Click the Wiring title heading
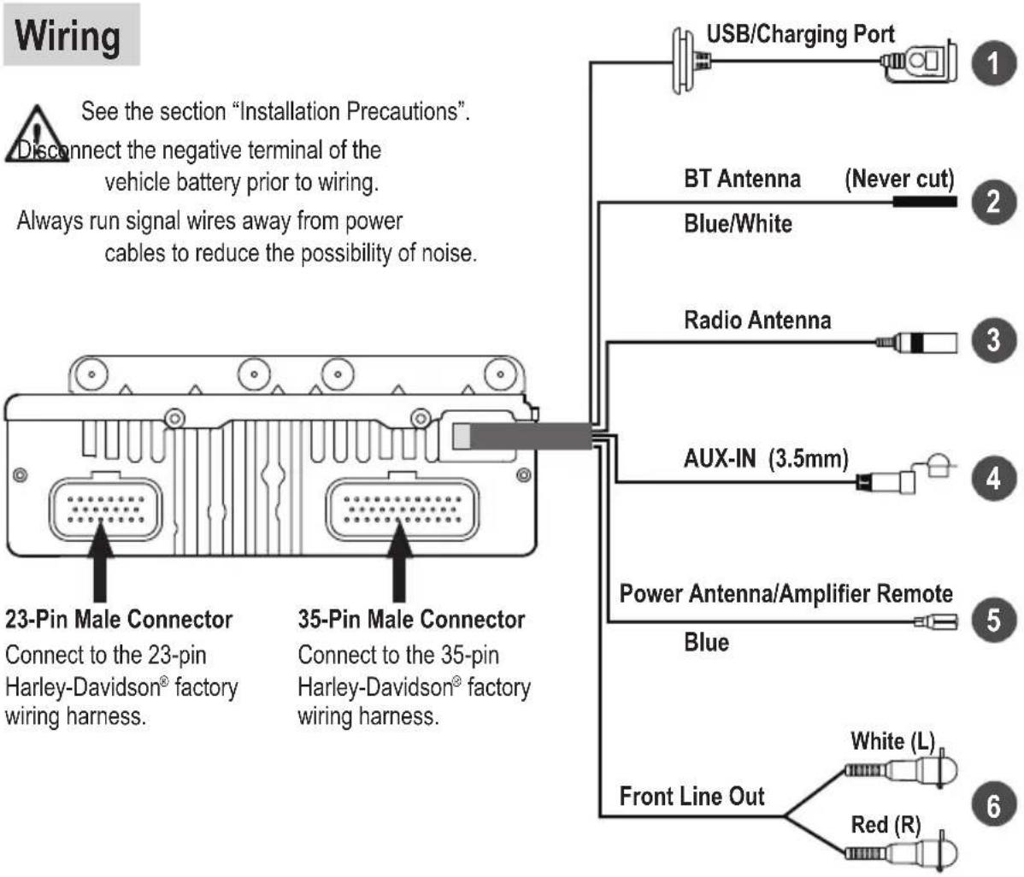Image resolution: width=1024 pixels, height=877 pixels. click(x=68, y=35)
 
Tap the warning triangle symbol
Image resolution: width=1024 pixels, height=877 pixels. click(x=38, y=134)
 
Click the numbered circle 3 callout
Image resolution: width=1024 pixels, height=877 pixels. click(x=993, y=339)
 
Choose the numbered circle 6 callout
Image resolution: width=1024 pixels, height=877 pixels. click(x=993, y=805)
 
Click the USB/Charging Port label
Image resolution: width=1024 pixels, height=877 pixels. click(x=800, y=34)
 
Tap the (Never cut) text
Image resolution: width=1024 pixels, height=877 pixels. click(x=899, y=179)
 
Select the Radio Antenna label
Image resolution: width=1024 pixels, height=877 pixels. click(x=757, y=320)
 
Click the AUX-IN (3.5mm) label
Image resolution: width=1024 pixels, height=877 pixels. click(x=766, y=458)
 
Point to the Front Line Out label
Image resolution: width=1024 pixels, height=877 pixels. click(x=691, y=796)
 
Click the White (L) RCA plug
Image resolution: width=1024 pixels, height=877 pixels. click(x=901, y=769)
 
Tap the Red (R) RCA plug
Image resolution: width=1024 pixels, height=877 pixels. click(x=901, y=852)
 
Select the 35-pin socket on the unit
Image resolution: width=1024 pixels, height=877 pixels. click(x=403, y=509)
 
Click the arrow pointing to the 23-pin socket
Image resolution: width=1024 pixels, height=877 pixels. click(x=100, y=562)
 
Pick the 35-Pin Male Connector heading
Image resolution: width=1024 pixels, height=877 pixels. click(x=411, y=619)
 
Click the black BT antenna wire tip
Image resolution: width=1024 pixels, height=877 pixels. click(x=925, y=202)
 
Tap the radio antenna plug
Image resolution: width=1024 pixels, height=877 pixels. click(x=916, y=342)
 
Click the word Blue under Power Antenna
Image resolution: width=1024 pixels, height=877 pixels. click(x=707, y=643)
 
